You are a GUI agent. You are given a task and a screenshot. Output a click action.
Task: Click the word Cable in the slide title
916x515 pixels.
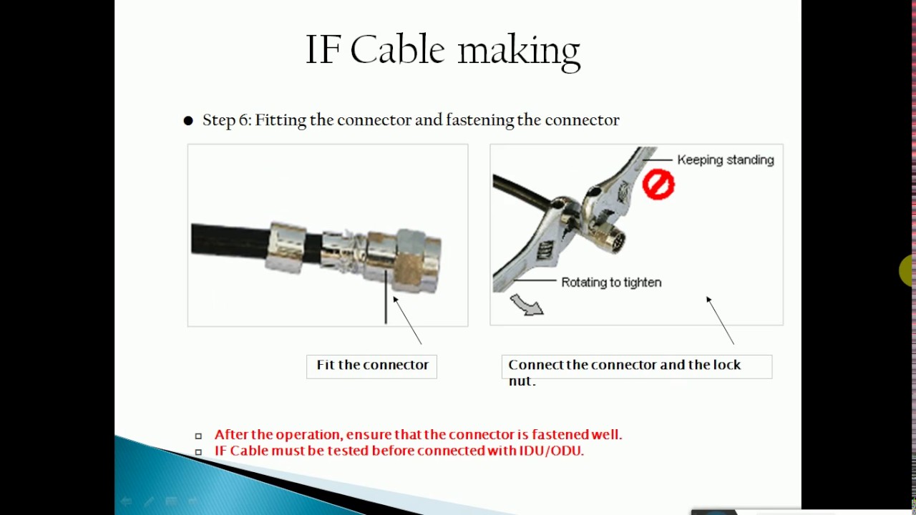coord(397,50)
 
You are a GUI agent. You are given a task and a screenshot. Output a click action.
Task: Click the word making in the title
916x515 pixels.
coord(518,51)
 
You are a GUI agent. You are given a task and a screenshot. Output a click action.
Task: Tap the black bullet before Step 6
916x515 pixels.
coord(188,121)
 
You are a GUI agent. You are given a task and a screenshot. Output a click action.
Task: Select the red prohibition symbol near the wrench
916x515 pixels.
coord(658,184)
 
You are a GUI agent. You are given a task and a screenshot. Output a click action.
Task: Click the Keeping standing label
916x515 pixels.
coord(725,160)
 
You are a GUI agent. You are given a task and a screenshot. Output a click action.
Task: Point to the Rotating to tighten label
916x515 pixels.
coord(610,283)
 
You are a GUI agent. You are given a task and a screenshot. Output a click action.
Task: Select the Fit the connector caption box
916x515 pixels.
coord(371,366)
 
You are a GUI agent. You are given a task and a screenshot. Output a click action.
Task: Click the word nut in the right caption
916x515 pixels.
coord(521,381)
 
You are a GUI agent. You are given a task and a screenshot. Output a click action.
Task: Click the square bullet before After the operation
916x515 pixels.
coord(198,436)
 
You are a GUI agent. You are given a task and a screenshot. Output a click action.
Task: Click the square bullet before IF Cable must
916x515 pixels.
coord(198,451)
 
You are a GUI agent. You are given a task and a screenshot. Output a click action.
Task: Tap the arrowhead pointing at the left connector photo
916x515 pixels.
coord(395,300)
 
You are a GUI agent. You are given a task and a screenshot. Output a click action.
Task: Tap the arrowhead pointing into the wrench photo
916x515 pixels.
coord(708,300)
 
